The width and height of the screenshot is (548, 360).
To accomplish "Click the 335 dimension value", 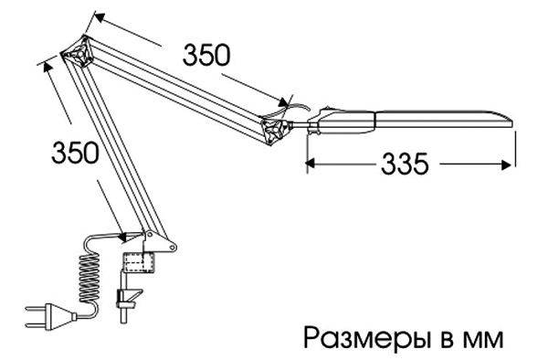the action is click(x=405, y=164).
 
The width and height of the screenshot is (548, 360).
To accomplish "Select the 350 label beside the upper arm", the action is click(x=206, y=55).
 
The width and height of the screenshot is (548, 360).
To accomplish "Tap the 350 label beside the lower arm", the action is click(x=75, y=153).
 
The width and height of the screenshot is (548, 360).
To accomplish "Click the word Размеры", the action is click(x=366, y=338).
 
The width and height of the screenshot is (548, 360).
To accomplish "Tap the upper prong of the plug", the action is click(x=35, y=310).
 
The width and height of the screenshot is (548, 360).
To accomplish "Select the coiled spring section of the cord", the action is click(x=89, y=279).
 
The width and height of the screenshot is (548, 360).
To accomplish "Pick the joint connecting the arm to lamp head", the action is click(x=276, y=129).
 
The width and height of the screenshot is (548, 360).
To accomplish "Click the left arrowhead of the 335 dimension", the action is click(x=311, y=164).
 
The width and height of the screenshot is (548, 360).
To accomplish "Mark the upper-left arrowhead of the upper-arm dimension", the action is click(x=100, y=17).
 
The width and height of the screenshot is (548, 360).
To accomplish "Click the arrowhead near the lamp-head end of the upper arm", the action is click(x=283, y=101).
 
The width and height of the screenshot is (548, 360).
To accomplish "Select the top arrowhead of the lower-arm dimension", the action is click(x=47, y=67).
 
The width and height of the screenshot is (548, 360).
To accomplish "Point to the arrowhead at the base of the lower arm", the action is click(x=122, y=237).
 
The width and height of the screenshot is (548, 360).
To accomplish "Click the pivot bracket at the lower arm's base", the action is click(x=159, y=241).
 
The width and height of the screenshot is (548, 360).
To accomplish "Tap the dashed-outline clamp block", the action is click(x=139, y=261).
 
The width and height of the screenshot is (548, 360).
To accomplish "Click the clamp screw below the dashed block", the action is click(x=127, y=297).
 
